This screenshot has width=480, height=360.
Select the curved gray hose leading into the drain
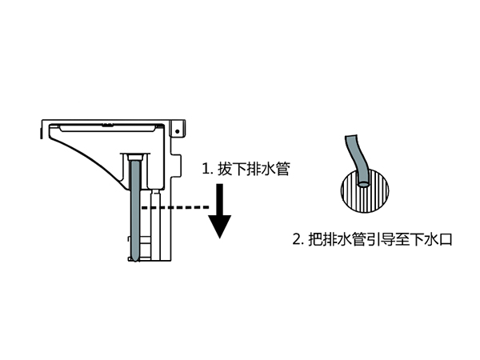(354, 157)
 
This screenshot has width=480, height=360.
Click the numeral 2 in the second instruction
(297, 238)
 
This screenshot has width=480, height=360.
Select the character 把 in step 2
(316, 238)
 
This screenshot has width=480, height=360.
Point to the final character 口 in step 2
(446, 238)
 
